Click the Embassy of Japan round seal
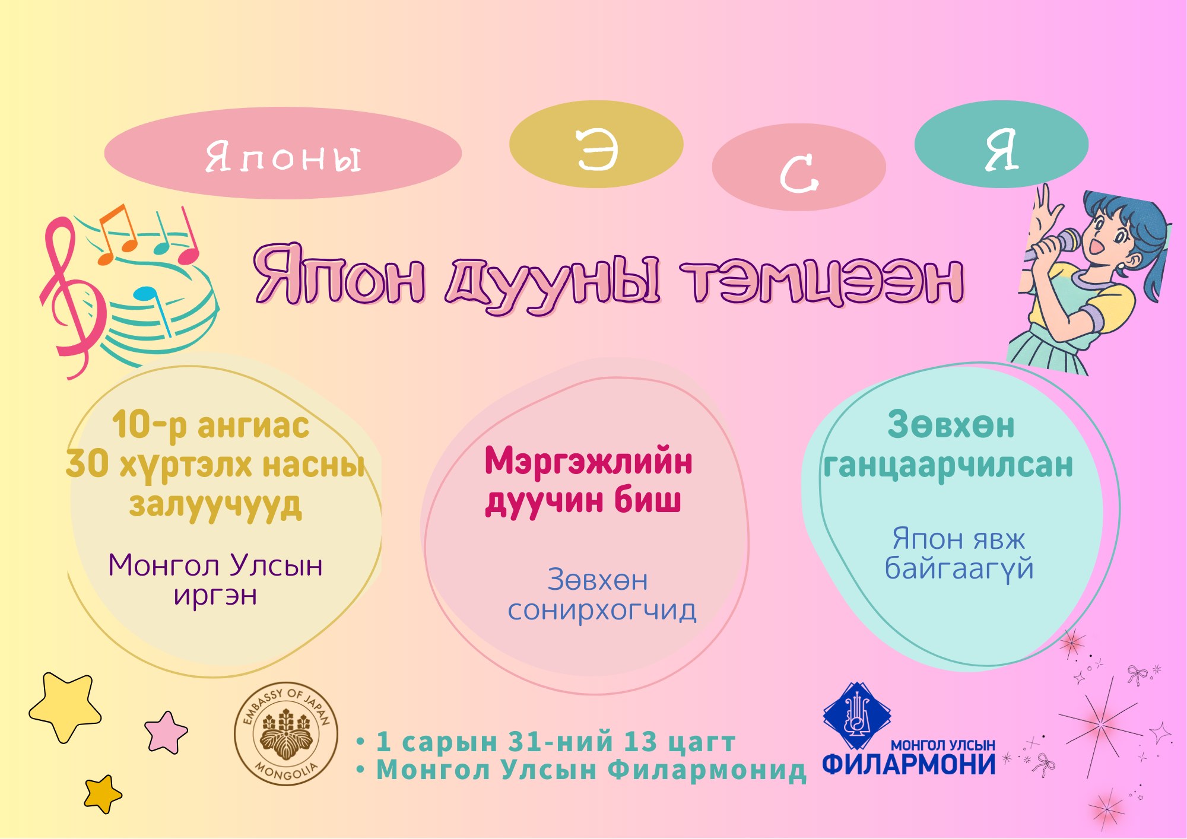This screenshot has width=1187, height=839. pos(286,734)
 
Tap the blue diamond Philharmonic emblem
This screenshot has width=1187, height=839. pos(856,716)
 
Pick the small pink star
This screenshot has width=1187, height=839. pos(166,733)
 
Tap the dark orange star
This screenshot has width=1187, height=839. pos(103,794)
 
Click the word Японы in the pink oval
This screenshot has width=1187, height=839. pos(283,157)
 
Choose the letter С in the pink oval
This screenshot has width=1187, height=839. pos(799,173)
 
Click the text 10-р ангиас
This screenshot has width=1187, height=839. pos(211,425)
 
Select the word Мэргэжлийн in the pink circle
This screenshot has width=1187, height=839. pos(588,462)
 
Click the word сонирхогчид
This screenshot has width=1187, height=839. pos(602,610)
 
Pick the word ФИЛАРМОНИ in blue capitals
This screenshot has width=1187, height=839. pos(909,764)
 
